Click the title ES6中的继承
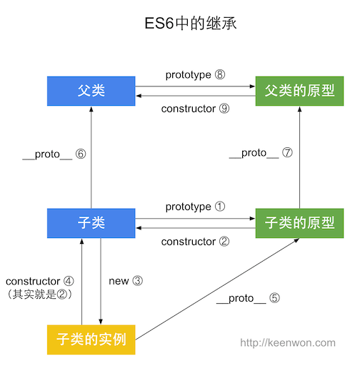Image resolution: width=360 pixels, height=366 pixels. (180, 23)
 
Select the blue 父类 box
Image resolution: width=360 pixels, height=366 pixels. (91, 91)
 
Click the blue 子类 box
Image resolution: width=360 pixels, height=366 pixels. (91, 223)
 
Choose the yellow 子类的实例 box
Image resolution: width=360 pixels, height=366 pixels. (91, 339)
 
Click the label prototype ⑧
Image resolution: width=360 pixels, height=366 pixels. (195, 75)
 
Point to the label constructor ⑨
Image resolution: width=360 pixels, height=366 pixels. (195, 109)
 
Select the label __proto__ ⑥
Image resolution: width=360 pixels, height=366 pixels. (54, 154)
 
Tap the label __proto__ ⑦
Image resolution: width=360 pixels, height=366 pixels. (261, 154)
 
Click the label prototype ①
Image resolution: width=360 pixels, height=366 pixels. (195, 207)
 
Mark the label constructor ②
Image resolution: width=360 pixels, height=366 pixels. (195, 242)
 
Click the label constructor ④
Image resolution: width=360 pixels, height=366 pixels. (39, 281)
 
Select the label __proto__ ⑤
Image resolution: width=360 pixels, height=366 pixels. (247, 298)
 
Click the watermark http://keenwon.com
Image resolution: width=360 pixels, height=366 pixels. (287, 343)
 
